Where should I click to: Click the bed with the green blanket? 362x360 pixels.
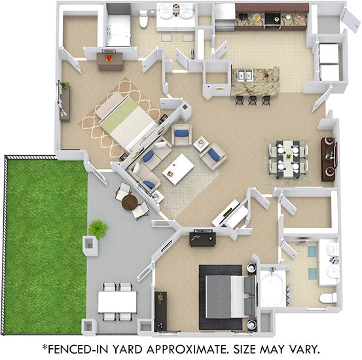(x=128, y=122)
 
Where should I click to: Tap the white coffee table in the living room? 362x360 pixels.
(x=178, y=169)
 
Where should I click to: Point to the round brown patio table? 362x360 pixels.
(x=129, y=201)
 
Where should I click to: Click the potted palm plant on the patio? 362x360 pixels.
(x=98, y=228)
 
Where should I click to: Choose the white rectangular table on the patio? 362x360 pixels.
(x=117, y=302)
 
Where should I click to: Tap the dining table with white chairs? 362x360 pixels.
(x=287, y=158)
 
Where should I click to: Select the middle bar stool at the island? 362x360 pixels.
(x=252, y=99)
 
